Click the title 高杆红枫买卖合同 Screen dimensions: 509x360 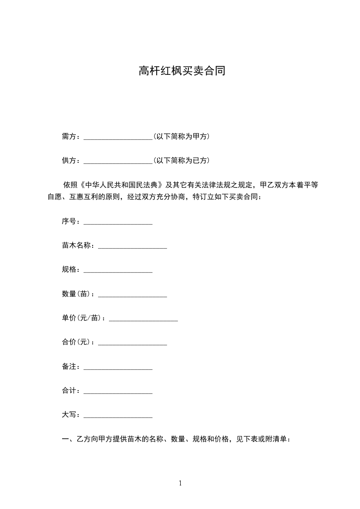(x=182, y=71)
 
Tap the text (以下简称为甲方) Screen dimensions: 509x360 (x=181, y=136)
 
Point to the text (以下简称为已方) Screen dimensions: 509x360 (x=181, y=161)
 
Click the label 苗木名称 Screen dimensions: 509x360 (x=78, y=245)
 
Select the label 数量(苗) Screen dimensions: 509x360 (x=78, y=294)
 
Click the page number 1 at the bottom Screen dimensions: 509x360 (x=180, y=483)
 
